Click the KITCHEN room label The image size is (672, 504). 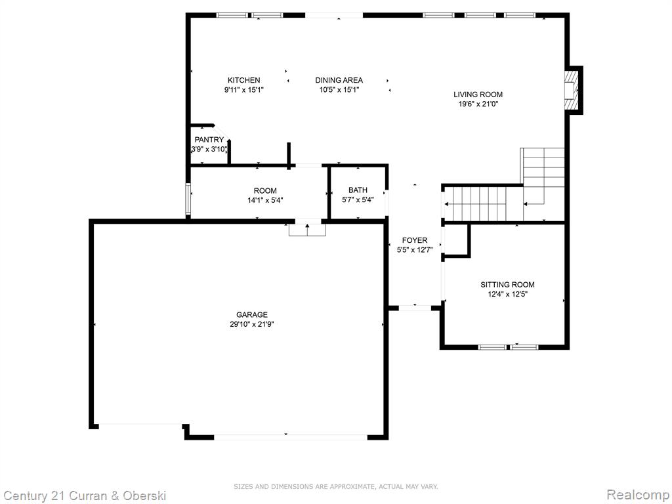pyautogui.click(x=243, y=80)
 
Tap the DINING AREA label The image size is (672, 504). pyautogui.click(x=339, y=80)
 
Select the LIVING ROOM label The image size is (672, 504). pyautogui.click(x=478, y=94)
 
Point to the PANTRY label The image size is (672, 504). pyautogui.click(x=209, y=140)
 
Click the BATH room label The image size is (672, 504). pyautogui.click(x=358, y=190)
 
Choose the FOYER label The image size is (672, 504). pyautogui.click(x=415, y=240)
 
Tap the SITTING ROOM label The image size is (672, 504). pyautogui.click(x=507, y=285)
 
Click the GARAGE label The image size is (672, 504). pyautogui.click(x=252, y=314)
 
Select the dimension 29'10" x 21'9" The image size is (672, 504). pyautogui.click(x=252, y=324)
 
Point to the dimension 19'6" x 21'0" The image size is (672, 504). pyautogui.click(x=478, y=104)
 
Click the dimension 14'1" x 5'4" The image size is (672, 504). pyautogui.click(x=265, y=200)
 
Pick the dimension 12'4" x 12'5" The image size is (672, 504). pyautogui.click(x=507, y=295)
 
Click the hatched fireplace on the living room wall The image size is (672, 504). pyautogui.click(x=572, y=90)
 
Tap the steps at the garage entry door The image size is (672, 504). pyautogui.click(x=307, y=230)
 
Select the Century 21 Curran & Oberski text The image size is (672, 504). pyautogui.click(x=84, y=496)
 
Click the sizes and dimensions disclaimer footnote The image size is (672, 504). pyautogui.click(x=335, y=487)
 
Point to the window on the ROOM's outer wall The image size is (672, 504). pyautogui.click(x=188, y=199)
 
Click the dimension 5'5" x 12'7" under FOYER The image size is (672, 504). pyautogui.click(x=415, y=250)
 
